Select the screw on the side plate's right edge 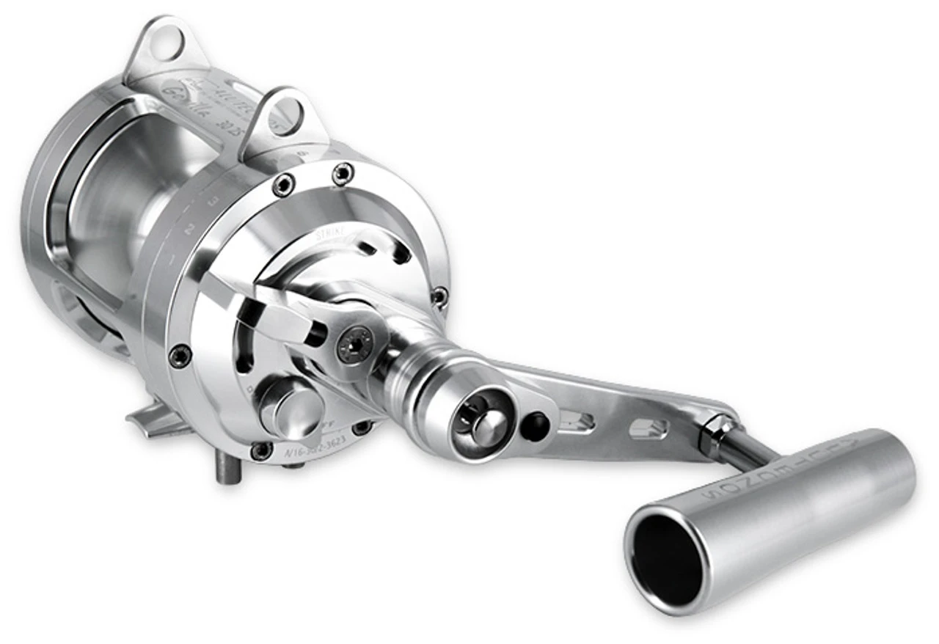click(x=439, y=296)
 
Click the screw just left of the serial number click(x=261, y=450)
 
